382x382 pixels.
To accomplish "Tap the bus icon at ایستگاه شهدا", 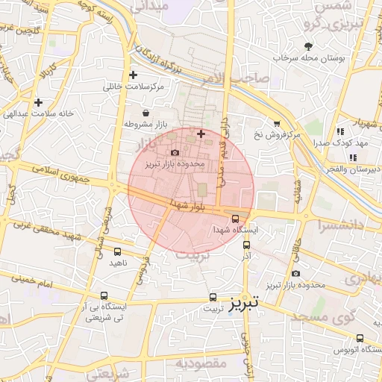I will coord(236,219).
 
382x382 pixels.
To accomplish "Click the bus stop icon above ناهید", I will coord(118,251).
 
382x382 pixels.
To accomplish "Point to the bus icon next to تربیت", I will coord(213,297).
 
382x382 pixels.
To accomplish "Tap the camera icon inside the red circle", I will coord(175,152).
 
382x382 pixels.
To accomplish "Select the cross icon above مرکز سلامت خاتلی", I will coord(133,75).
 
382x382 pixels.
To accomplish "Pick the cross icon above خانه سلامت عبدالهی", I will coord(37,102).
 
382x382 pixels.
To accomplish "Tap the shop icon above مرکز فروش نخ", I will coord(277,124).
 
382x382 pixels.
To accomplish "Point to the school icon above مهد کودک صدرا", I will coord(339,131).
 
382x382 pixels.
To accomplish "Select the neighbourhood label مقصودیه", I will coord(201,363).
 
